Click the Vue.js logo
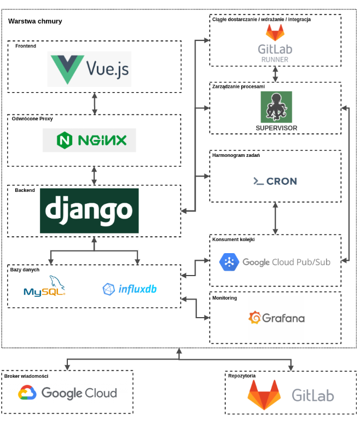click(89, 69)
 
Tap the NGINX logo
click(89, 141)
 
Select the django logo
click(89, 210)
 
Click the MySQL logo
click(44, 286)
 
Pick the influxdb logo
click(130, 289)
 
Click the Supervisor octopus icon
click(276, 107)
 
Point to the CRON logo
click(275, 181)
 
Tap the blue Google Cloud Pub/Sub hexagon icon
click(229, 262)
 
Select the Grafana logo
click(276, 318)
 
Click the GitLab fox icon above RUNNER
click(275, 32)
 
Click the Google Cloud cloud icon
click(27, 393)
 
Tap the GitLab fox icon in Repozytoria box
click(264, 395)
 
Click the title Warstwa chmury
click(35, 21)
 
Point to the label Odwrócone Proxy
click(32, 119)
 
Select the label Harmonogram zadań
click(236, 155)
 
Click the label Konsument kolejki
click(233, 239)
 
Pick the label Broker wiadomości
click(26, 376)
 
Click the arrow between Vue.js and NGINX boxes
click(95, 103)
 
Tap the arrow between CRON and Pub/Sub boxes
click(275, 218)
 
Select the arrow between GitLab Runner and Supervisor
click(275, 74)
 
